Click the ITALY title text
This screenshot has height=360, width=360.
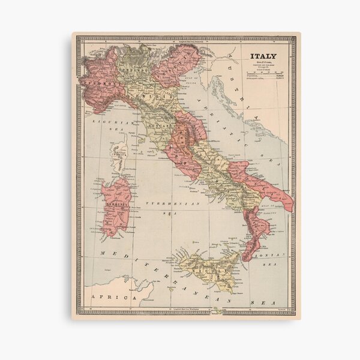263,57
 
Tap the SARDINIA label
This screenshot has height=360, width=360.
113,203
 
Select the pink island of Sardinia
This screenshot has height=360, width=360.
115,207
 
